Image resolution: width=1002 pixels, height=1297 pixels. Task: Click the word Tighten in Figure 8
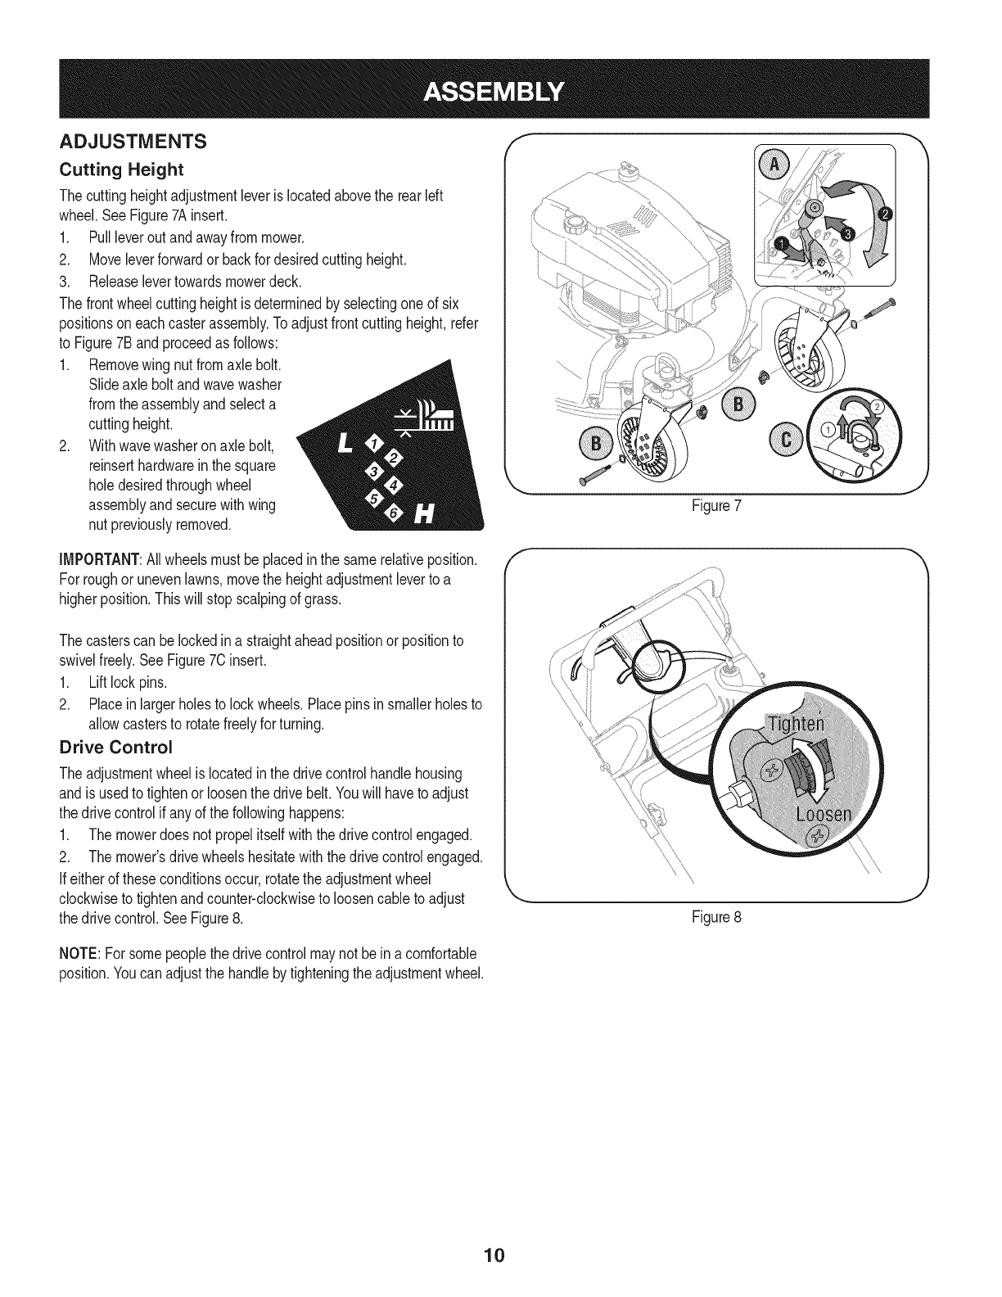(797, 725)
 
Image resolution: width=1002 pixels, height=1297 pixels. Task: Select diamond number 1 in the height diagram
(375, 445)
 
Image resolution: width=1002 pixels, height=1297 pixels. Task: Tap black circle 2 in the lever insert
(886, 215)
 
